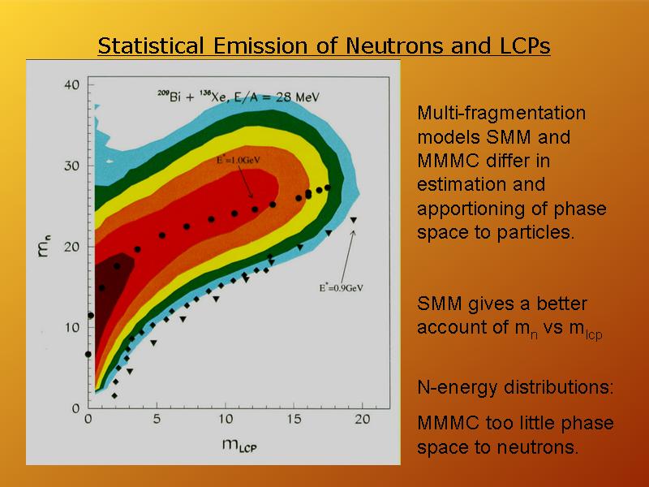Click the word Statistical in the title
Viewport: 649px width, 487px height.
[151, 45]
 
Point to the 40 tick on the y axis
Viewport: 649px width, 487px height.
[71, 85]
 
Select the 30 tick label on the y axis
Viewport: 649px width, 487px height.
[71, 166]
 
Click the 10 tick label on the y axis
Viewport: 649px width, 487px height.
[71, 328]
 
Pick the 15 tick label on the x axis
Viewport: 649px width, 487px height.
[294, 419]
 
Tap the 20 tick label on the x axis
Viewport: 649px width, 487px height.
[362, 419]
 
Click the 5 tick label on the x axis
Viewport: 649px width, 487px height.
[157, 419]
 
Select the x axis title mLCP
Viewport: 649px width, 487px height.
[239, 445]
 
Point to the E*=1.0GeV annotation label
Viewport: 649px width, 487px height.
[238, 160]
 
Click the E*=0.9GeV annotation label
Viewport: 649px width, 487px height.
[341, 288]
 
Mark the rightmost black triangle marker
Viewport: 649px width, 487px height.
[354, 220]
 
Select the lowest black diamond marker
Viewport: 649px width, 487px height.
[114, 396]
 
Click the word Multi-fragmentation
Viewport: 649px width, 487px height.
[501, 113]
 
